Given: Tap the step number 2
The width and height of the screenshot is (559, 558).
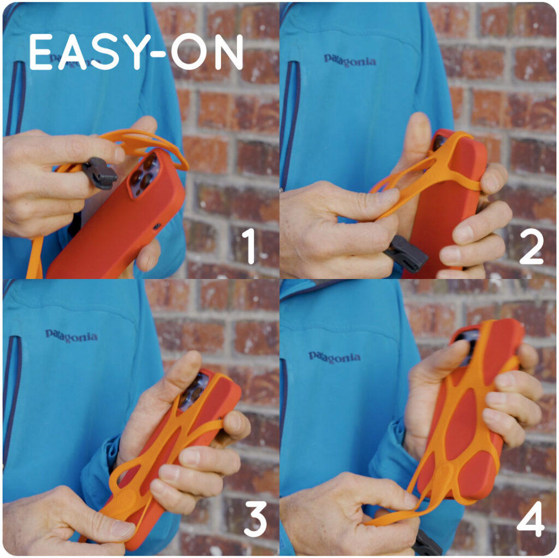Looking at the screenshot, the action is [532, 246].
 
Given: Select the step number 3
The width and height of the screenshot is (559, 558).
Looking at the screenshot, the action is [255, 519].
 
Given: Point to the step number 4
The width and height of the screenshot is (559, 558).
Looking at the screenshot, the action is [531, 519].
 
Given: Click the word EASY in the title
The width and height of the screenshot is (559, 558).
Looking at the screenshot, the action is [87, 52].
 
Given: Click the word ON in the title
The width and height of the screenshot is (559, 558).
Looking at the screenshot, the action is [207, 52].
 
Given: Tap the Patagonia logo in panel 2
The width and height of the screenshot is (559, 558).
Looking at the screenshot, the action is [350, 61].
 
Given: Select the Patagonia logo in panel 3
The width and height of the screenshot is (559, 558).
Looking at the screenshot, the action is [72, 336].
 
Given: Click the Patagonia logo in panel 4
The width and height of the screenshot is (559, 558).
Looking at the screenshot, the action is [335, 357].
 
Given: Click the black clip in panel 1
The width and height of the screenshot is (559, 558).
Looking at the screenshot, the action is [99, 173].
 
